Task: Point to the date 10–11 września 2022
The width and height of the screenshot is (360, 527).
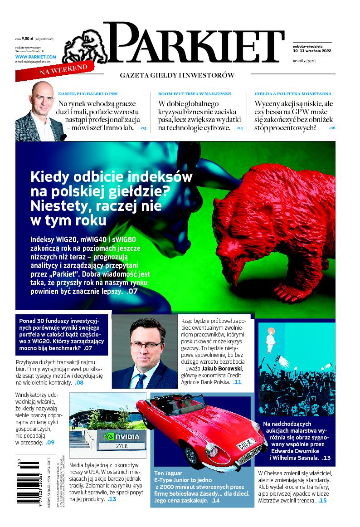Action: pos(312,50)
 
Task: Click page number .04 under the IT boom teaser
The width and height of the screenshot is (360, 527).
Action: pos(239,128)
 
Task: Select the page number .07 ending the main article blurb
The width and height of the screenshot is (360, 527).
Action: pos(132,292)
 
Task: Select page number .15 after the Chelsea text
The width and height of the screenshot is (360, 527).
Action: pos(322,500)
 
